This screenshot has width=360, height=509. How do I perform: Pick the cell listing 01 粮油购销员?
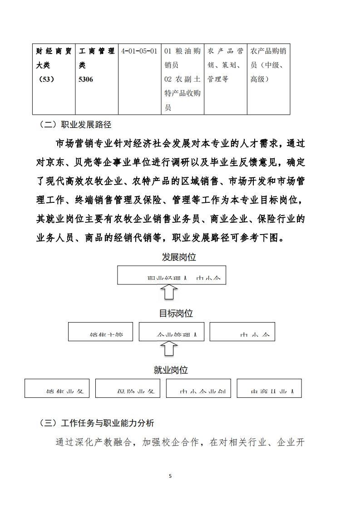pyautogui.click(x=182, y=79)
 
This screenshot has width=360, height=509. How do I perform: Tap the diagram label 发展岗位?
pyautogui.click(x=179, y=257)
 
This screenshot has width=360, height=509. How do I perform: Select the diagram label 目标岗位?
pyautogui.click(x=176, y=313)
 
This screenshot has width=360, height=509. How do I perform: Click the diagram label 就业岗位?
pyautogui.click(x=171, y=370)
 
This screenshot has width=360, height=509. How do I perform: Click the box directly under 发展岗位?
pyautogui.click(x=172, y=275)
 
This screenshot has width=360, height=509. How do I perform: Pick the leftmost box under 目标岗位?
pyautogui.click(x=101, y=332)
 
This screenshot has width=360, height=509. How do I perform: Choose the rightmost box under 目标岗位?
pyautogui.click(x=242, y=332)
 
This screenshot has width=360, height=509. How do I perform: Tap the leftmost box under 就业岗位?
pyautogui.click(x=57, y=388)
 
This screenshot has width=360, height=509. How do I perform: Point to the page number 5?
pyautogui.click(x=170, y=476)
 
